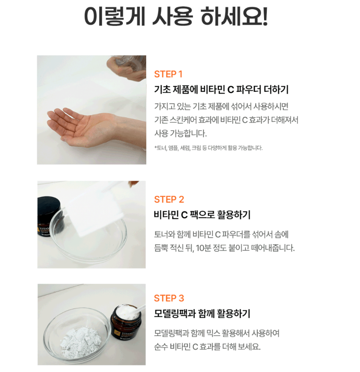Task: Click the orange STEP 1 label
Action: pyautogui.click(x=168, y=74)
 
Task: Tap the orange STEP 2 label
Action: pyautogui.click(x=169, y=199)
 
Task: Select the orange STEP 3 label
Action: pyautogui.click(x=169, y=298)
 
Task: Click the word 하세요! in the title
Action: pyautogui.click(x=234, y=16)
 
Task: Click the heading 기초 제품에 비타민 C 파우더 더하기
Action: pyautogui.click(x=221, y=89)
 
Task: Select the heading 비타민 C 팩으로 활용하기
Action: pyautogui.click(x=202, y=215)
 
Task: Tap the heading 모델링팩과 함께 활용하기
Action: pyautogui.click(x=202, y=314)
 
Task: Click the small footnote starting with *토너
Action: pyautogui.click(x=208, y=148)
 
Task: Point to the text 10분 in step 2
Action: pyautogui.click(x=203, y=248)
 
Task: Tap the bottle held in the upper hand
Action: pyautogui.click(x=129, y=62)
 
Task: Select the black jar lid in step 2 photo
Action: pyautogui.click(x=49, y=206)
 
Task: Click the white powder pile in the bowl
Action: pyautogui.click(x=80, y=340)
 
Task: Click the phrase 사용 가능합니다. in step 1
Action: pyautogui.click(x=180, y=133)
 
